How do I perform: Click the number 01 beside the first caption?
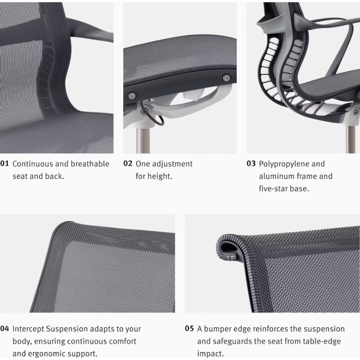click(x=4, y=164)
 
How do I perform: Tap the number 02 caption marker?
click(x=128, y=164)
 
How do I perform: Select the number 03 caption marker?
click(x=251, y=164)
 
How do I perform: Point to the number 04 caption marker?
click(x=4, y=329)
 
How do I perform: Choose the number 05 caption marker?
click(x=189, y=329)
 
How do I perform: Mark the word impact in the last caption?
click(x=210, y=354)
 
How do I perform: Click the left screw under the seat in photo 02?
click(x=132, y=95)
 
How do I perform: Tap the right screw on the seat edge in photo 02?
click(x=226, y=77)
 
